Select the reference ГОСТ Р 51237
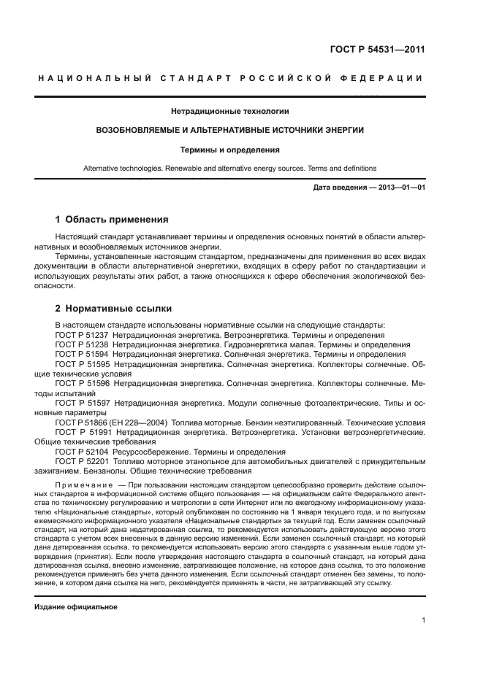82,335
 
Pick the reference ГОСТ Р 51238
82,344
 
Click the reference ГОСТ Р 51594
82,354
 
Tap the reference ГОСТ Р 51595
82,363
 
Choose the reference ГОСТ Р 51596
82,383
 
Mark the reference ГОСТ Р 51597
82,403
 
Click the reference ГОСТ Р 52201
82,461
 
